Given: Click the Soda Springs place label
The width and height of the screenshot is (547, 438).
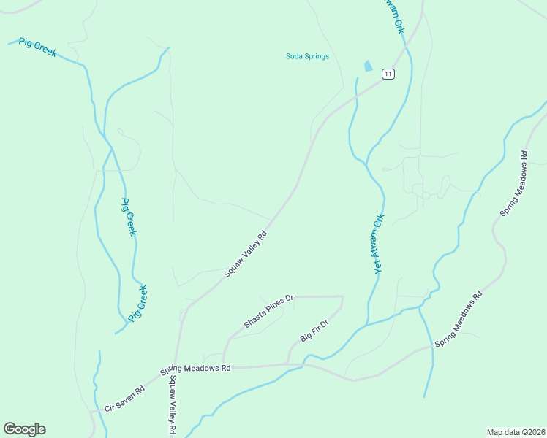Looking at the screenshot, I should click(x=307, y=56).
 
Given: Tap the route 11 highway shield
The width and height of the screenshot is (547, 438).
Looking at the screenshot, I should click(x=388, y=74).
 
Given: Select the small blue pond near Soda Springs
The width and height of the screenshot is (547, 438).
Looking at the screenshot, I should click(x=367, y=66).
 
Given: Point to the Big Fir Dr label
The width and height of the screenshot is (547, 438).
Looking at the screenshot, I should click(x=315, y=328).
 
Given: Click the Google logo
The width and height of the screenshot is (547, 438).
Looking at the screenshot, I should click(x=24, y=429).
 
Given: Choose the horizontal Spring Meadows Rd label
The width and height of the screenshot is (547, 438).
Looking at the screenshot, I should click(x=195, y=368).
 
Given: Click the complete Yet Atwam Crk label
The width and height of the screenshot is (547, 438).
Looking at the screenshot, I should click(x=379, y=244).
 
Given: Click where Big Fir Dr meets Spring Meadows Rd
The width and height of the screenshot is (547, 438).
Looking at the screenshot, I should click(x=287, y=364).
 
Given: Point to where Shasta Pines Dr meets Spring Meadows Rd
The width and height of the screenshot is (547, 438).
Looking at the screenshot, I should click(x=223, y=365).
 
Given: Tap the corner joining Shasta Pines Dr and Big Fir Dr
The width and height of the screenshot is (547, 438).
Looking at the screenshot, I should click(x=342, y=297).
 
